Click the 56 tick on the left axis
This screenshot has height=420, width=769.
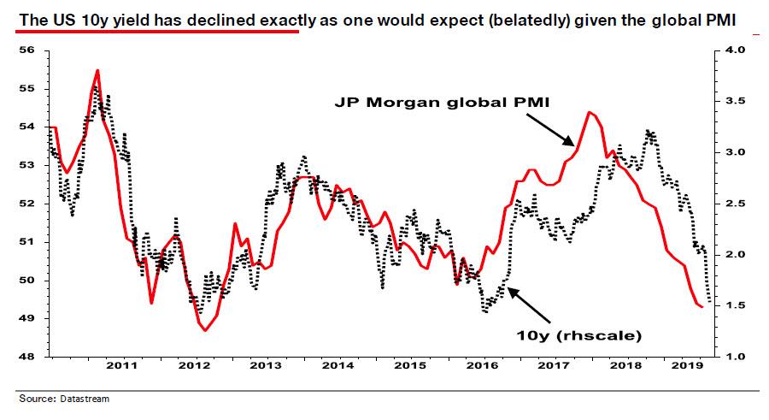[26, 50]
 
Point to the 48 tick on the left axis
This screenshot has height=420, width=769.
[26, 357]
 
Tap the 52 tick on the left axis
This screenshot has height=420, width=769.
[26, 204]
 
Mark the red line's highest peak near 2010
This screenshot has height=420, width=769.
[97, 70]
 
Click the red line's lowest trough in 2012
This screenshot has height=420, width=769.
[205, 330]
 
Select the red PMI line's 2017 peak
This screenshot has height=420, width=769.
[590, 112]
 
